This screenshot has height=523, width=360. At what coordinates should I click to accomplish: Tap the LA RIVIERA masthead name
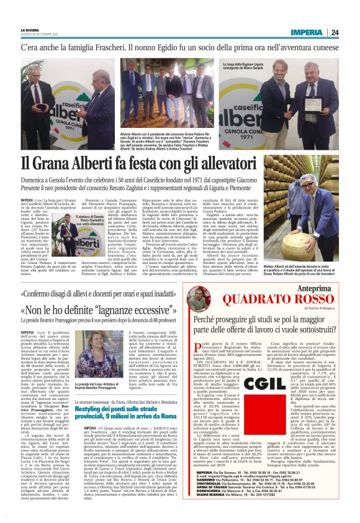point(29,30)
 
